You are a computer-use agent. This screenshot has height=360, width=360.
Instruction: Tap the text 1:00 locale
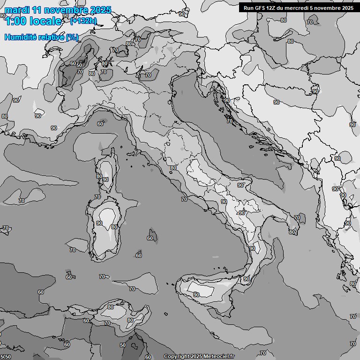tap(33, 21)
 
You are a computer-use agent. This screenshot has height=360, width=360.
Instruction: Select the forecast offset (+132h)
tap(83, 21)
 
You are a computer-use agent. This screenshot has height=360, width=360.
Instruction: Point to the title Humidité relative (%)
tap(41, 37)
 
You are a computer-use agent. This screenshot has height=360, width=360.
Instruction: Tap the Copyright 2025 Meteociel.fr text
tap(200, 357)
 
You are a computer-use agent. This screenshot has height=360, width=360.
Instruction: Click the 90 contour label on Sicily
tap(196, 295)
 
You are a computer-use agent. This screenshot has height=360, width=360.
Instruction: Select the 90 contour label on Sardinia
tap(99, 224)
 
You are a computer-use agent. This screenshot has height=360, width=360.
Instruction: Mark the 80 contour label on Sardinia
tap(114, 227)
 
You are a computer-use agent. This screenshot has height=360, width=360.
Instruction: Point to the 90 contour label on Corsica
tap(105, 180)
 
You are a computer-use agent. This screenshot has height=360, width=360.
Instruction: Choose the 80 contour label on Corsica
tap(99, 176)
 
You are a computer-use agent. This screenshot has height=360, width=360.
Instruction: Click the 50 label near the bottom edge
tap(123, 345)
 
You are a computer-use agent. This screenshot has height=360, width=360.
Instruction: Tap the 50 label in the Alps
tap(79, 65)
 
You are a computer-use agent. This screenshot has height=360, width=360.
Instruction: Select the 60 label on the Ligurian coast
tap(100, 124)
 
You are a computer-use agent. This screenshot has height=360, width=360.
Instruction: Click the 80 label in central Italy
tap(173, 168)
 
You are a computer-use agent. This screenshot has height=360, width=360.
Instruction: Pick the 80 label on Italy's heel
tap(292, 232)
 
